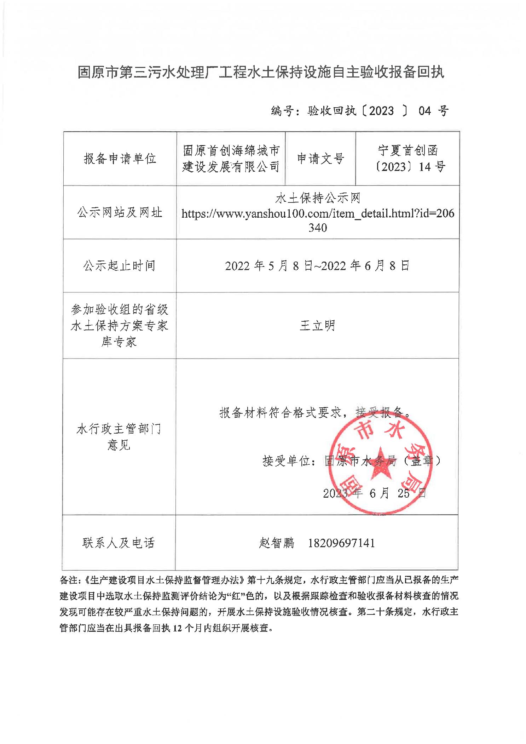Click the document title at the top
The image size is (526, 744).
261,73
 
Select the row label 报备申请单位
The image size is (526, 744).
120,159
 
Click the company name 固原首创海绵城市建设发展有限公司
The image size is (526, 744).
231,159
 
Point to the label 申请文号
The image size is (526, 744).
320,159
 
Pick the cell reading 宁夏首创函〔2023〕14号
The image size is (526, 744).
408,159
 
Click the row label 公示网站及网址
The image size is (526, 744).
120,212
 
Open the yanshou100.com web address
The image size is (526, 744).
317,214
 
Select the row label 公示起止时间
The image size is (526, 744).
120,265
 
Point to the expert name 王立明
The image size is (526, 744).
317,325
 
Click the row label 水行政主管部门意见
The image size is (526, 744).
119,437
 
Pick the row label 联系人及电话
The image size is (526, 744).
119,543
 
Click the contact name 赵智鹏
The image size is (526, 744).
277,543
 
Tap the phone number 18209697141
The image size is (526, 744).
341,543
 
